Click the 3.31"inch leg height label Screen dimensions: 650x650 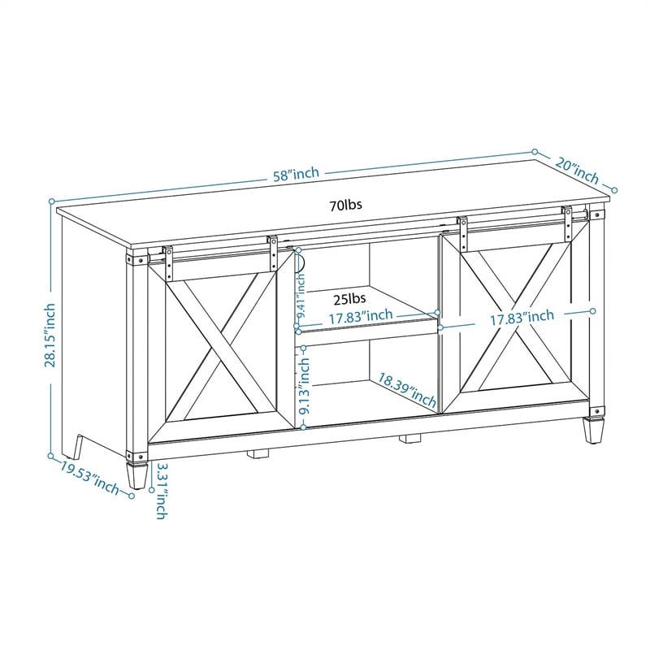click(162, 491)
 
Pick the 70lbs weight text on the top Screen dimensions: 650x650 click(345, 205)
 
